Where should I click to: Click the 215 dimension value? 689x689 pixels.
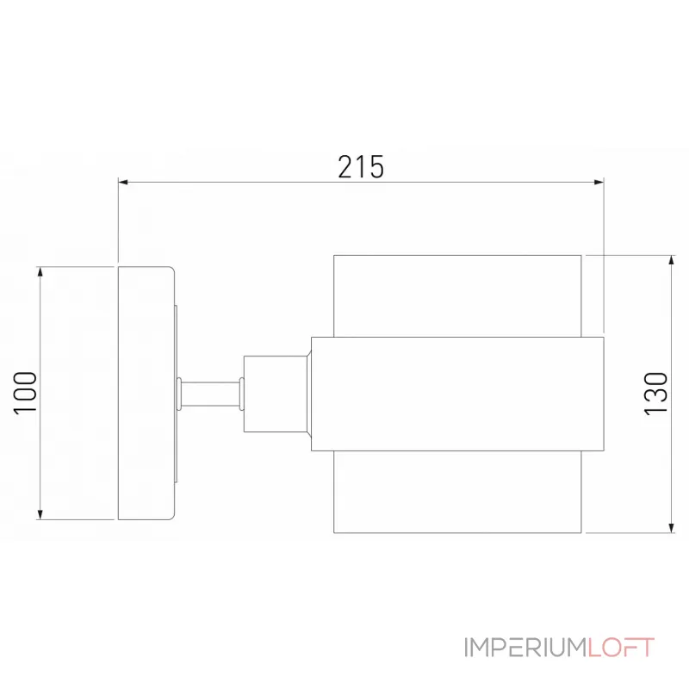(x=360, y=166)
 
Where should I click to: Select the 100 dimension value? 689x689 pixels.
(x=25, y=392)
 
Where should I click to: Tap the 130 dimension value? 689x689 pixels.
(x=655, y=394)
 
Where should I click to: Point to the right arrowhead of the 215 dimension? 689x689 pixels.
(x=598, y=182)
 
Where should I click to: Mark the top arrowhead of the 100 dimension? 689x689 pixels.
(x=40, y=272)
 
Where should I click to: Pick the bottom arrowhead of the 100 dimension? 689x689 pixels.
(x=40, y=514)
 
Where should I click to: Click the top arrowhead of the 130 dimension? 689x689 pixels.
(x=670, y=261)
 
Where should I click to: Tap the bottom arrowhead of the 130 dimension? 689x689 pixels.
(x=670, y=527)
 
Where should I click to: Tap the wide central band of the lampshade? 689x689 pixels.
(x=456, y=394)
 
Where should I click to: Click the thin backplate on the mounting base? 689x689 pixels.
(x=177, y=393)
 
